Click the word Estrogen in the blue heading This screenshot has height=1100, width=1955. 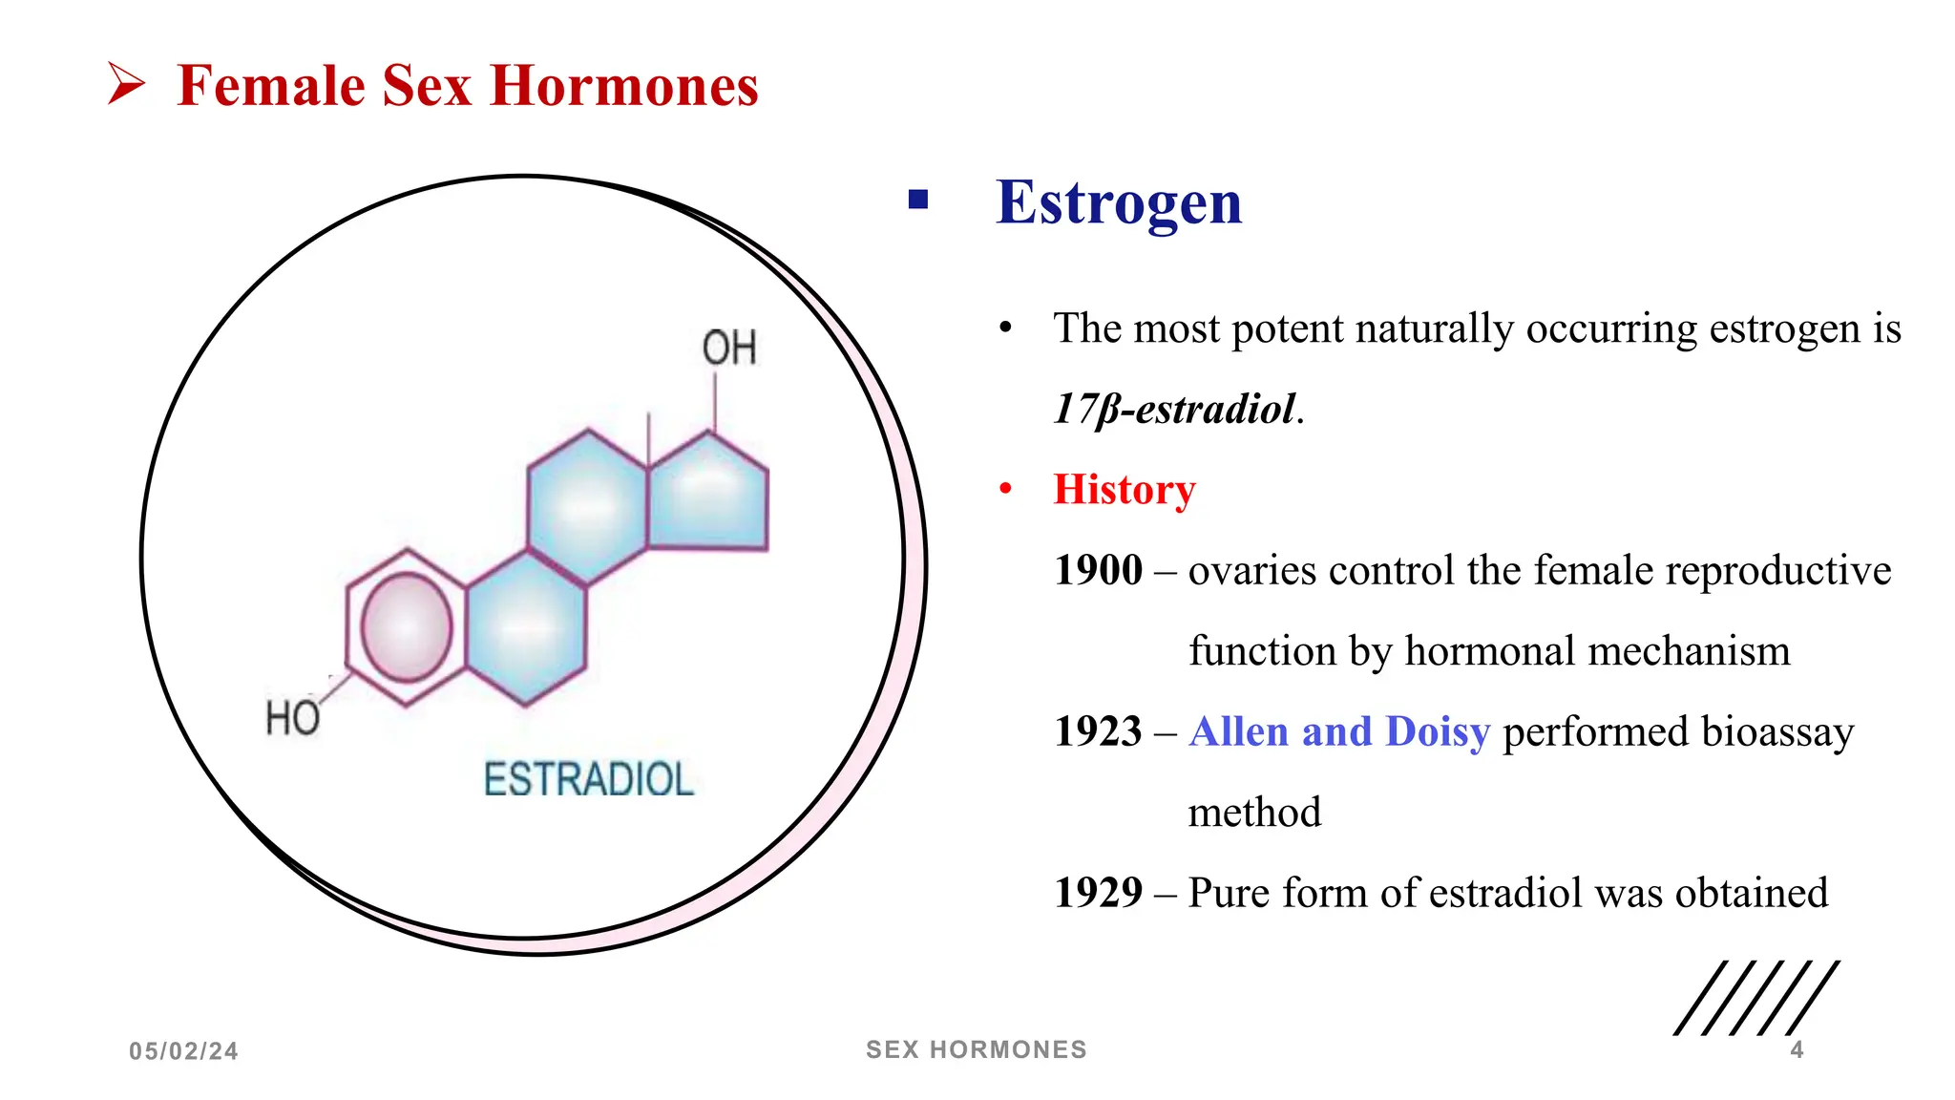1119,202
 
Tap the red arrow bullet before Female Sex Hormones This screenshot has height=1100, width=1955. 125,84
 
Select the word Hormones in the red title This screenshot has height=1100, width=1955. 623,86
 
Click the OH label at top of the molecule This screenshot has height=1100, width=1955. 729,349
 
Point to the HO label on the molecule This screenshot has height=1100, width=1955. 292,717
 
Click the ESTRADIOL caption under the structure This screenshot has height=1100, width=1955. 588,779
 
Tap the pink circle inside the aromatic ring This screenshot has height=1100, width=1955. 407,627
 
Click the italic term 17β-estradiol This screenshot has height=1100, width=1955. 1174,410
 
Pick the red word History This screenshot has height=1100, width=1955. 1124,490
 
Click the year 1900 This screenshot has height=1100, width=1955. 1098,571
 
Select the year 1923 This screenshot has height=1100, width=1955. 1098,732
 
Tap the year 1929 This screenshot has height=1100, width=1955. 1098,894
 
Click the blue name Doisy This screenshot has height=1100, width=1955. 1437,732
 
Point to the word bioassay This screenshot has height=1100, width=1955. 1776,732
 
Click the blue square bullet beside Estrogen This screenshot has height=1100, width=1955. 918,200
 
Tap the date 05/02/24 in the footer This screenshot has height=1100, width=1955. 183,1051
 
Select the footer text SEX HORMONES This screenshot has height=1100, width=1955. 976,1049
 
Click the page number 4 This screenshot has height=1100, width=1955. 1797,1050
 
